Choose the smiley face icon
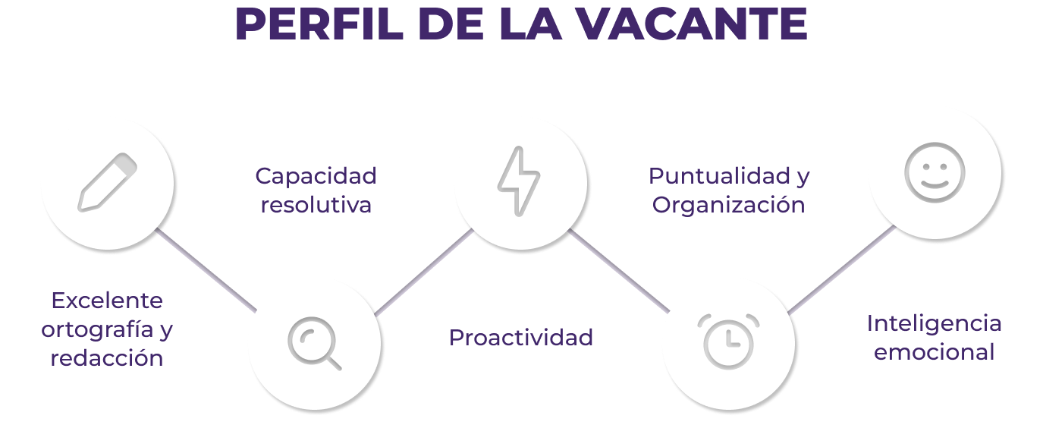[935, 168]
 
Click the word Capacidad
[316, 176]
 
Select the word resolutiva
[316, 205]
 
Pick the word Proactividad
[521, 338]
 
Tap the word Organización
[728, 205]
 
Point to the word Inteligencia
[934, 323]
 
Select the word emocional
[934, 352]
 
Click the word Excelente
[107, 301]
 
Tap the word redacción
[107, 358]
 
